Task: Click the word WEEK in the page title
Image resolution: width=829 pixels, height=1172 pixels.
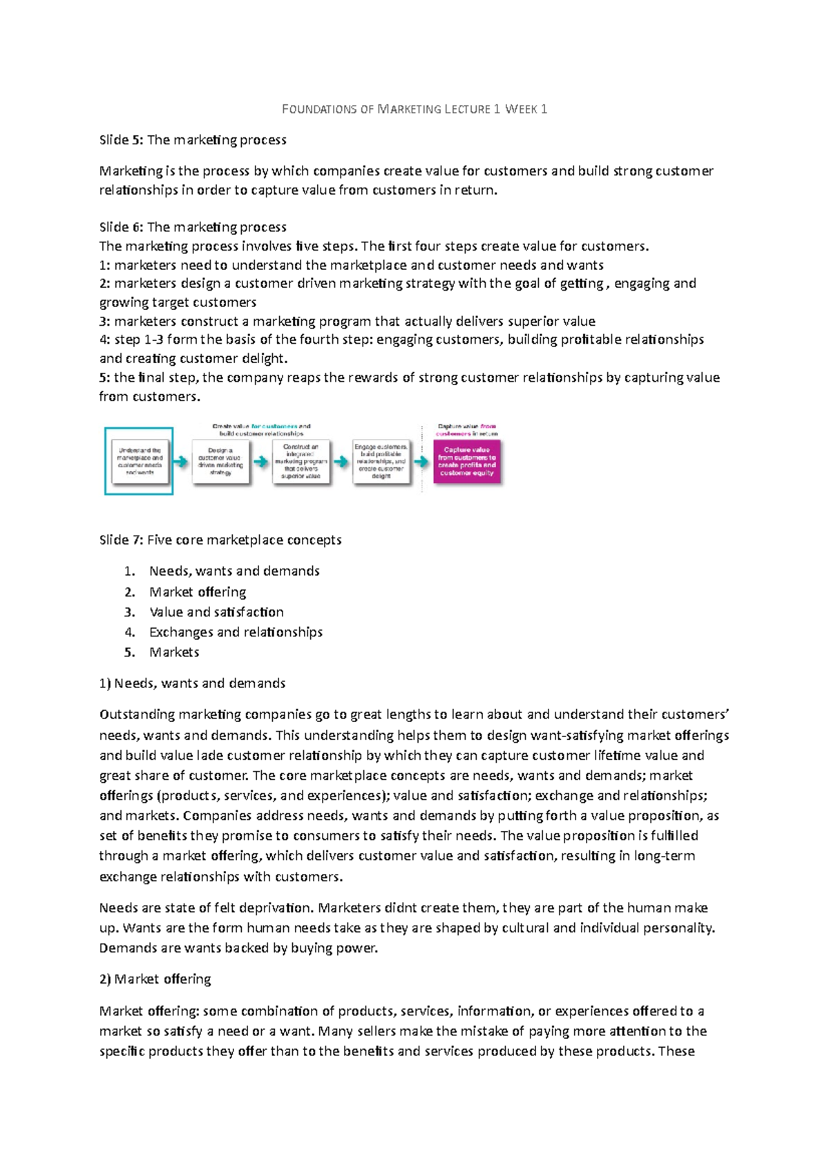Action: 521,109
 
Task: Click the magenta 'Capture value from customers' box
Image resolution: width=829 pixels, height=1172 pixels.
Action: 466,461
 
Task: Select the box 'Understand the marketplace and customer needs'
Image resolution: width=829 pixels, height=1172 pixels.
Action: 140,461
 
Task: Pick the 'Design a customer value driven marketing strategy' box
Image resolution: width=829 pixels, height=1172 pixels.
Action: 220,461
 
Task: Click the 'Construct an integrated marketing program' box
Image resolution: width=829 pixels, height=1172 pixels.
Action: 301,461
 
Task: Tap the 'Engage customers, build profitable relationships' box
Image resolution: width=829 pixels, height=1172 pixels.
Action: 381,461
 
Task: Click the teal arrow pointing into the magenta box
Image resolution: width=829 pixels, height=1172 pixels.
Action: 421,461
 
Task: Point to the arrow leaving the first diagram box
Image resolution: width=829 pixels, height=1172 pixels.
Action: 181,461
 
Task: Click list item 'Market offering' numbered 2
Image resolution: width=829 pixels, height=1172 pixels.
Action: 198,592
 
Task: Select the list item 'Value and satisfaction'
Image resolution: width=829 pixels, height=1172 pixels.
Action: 216,612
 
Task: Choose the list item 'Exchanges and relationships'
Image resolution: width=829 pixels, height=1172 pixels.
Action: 236,632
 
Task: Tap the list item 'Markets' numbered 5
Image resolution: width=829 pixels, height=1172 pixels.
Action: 174,652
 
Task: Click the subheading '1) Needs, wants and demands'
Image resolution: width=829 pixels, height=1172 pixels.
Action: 192,683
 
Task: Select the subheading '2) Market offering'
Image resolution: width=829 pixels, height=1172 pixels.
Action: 155,979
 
